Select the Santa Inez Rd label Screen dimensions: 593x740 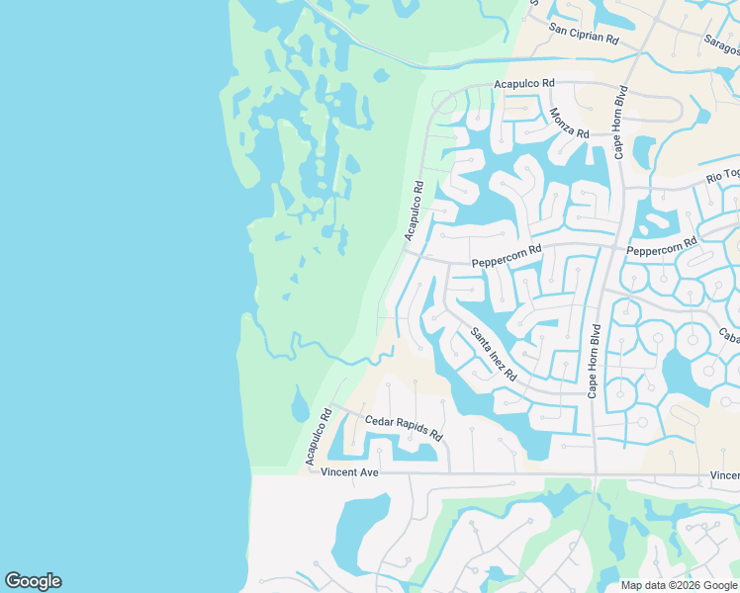click(x=494, y=354)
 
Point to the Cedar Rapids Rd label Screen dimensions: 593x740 click(x=404, y=428)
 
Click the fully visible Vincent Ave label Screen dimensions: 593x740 click(x=350, y=473)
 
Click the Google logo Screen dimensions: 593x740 click(x=33, y=581)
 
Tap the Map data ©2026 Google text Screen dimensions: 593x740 click(x=680, y=585)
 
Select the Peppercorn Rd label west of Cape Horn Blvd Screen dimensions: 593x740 click(x=507, y=256)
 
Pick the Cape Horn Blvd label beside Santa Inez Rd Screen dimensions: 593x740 click(x=594, y=361)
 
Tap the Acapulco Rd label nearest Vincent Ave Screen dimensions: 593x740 click(x=317, y=435)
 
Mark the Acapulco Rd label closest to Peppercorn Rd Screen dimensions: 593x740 click(x=414, y=210)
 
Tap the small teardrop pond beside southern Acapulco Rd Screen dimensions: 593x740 click(x=300, y=404)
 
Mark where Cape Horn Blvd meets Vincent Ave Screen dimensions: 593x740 click(x=595, y=473)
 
